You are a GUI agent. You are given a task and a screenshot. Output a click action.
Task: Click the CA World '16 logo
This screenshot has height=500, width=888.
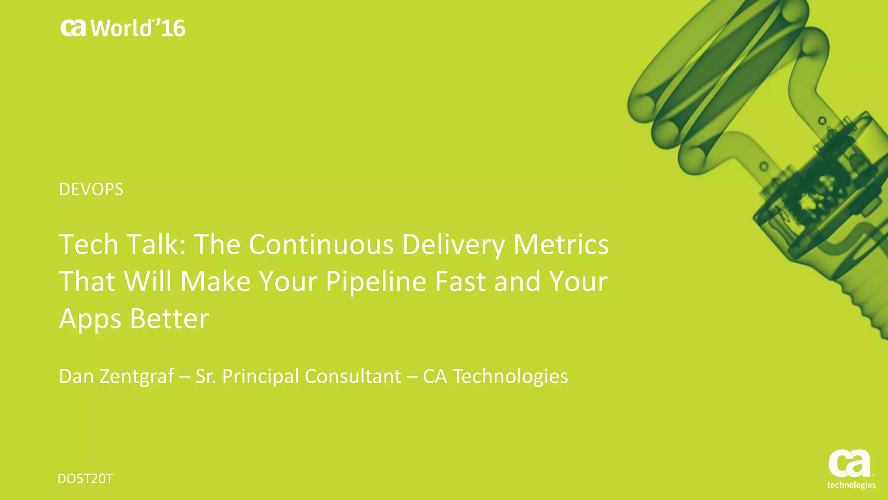(123, 28)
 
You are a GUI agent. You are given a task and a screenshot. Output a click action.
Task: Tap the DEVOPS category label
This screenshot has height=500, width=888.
(91, 189)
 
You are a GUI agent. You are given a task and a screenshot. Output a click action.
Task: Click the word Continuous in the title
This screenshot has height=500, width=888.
(321, 244)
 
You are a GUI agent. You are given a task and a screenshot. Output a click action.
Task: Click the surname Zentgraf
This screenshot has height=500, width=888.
(137, 376)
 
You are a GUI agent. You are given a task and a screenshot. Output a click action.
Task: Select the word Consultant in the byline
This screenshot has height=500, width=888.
(353, 376)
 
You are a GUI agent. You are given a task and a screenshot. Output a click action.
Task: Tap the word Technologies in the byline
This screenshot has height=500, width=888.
(510, 376)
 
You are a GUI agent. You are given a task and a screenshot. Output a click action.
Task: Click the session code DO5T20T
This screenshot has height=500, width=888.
(85, 479)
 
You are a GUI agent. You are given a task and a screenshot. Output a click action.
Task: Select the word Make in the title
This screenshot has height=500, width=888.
(215, 281)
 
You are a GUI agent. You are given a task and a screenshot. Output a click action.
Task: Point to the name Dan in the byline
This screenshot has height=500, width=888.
(76, 376)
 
